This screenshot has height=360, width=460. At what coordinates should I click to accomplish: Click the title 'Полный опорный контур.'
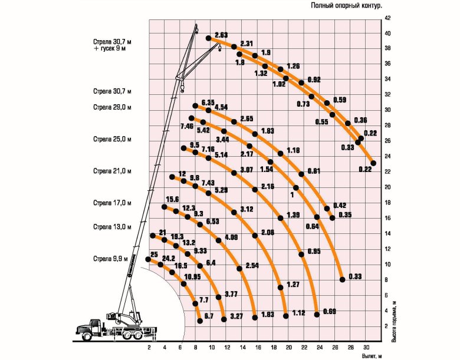click(x=346, y=5)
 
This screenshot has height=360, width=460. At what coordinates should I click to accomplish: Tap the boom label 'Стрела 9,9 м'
click(x=111, y=259)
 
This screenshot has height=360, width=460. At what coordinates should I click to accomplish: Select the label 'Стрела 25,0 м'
click(x=111, y=140)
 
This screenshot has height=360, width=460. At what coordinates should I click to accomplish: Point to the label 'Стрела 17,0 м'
click(x=111, y=203)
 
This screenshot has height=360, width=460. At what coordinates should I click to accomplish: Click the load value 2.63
click(x=222, y=35)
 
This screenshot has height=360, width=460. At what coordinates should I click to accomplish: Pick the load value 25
click(x=154, y=254)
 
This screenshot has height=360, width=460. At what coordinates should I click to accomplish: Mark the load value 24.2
click(x=169, y=258)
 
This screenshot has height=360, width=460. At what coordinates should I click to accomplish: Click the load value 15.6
click(x=172, y=199)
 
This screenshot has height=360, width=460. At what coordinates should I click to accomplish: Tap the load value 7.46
click(x=187, y=126)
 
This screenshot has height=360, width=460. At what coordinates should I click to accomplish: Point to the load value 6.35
click(x=208, y=102)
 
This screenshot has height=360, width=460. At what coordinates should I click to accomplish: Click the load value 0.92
click(x=314, y=79)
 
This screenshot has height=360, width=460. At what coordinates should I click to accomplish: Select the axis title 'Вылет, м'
click(x=372, y=356)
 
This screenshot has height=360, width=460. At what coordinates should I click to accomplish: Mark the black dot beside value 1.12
click(x=286, y=316)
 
